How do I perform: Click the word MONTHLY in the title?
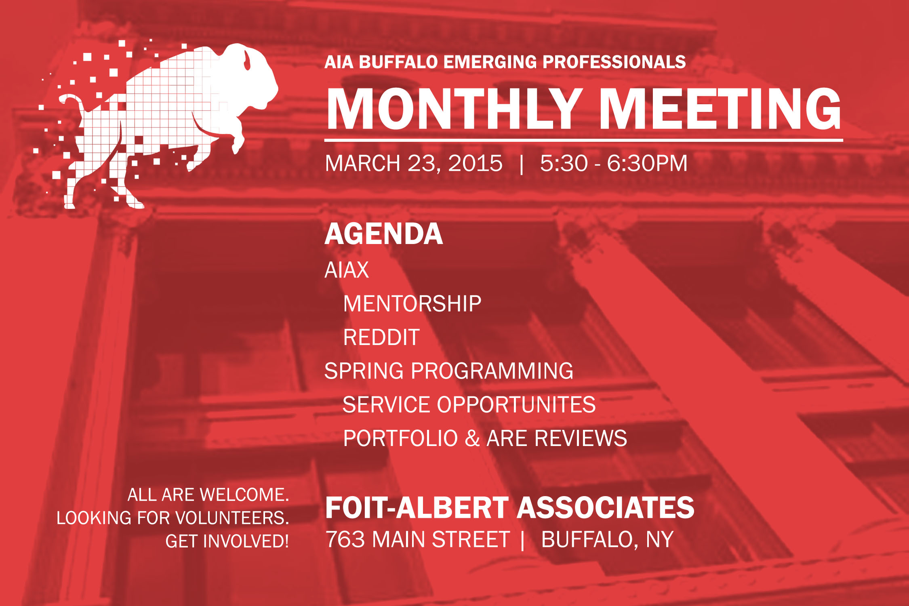(x=452, y=109)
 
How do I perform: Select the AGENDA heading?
(x=384, y=234)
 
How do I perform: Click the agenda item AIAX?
(x=347, y=270)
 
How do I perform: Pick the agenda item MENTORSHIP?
(x=412, y=304)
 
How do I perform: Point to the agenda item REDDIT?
(x=381, y=337)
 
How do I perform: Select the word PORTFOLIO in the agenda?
(x=400, y=438)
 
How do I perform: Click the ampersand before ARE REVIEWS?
(x=472, y=438)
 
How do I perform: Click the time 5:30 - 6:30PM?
(x=613, y=163)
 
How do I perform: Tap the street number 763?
(x=345, y=539)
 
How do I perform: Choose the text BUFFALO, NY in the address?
(x=607, y=540)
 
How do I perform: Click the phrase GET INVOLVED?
(x=227, y=541)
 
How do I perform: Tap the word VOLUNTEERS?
(x=233, y=518)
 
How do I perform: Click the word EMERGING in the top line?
(x=490, y=62)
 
